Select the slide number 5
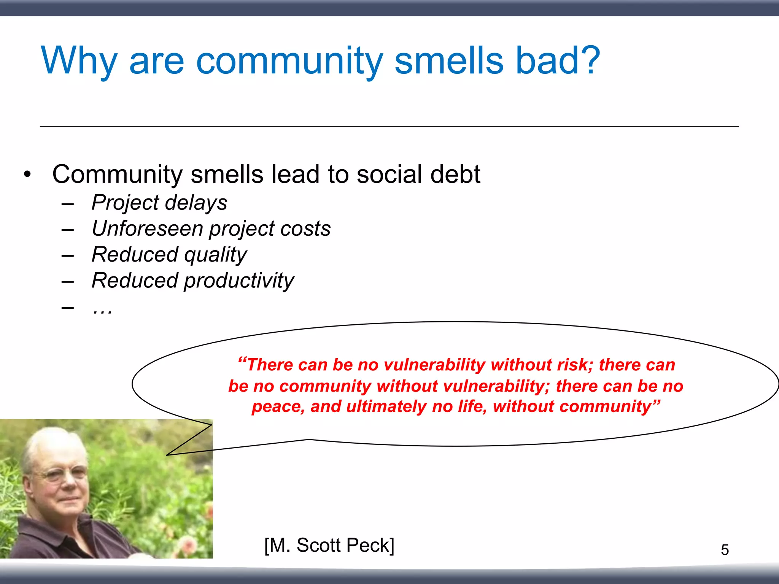point(725,550)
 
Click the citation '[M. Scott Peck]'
point(329,545)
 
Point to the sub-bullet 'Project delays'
point(159,202)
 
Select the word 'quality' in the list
point(215,255)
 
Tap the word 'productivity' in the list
point(239,281)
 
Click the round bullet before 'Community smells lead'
point(27,175)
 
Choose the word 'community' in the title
point(289,61)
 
